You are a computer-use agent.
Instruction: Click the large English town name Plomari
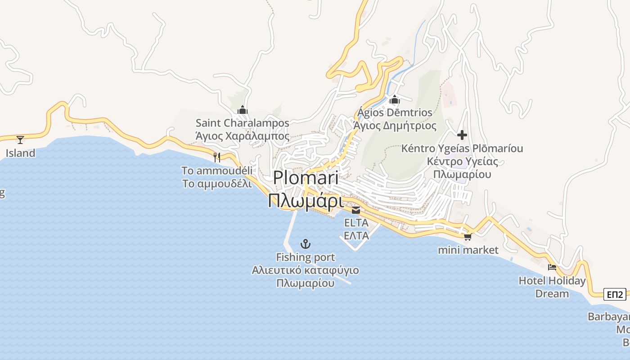(306, 178)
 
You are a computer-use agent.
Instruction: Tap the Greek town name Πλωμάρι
(306, 200)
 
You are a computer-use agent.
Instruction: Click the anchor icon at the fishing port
(306, 244)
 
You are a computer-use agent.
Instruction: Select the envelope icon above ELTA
(356, 210)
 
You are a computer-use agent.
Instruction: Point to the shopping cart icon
(468, 237)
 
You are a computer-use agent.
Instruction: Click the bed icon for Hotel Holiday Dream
(552, 267)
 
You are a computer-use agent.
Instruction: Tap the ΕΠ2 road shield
(615, 295)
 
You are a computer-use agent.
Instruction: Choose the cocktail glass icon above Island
(20, 139)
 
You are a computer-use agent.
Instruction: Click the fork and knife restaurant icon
(217, 157)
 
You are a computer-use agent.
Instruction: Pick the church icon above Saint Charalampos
(243, 109)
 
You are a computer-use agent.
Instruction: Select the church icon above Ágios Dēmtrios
(395, 99)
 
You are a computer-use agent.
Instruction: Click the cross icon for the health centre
(462, 135)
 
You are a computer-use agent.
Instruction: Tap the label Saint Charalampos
(243, 123)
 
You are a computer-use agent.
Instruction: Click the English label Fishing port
(306, 257)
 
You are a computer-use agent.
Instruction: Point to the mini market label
(468, 250)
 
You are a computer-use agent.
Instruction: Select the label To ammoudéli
(217, 171)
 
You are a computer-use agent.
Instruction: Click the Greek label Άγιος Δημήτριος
(395, 126)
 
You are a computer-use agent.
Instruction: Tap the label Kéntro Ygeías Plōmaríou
(462, 148)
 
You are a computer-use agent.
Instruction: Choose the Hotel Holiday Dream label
(552, 287)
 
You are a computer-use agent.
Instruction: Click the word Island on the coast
(20, 153)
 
